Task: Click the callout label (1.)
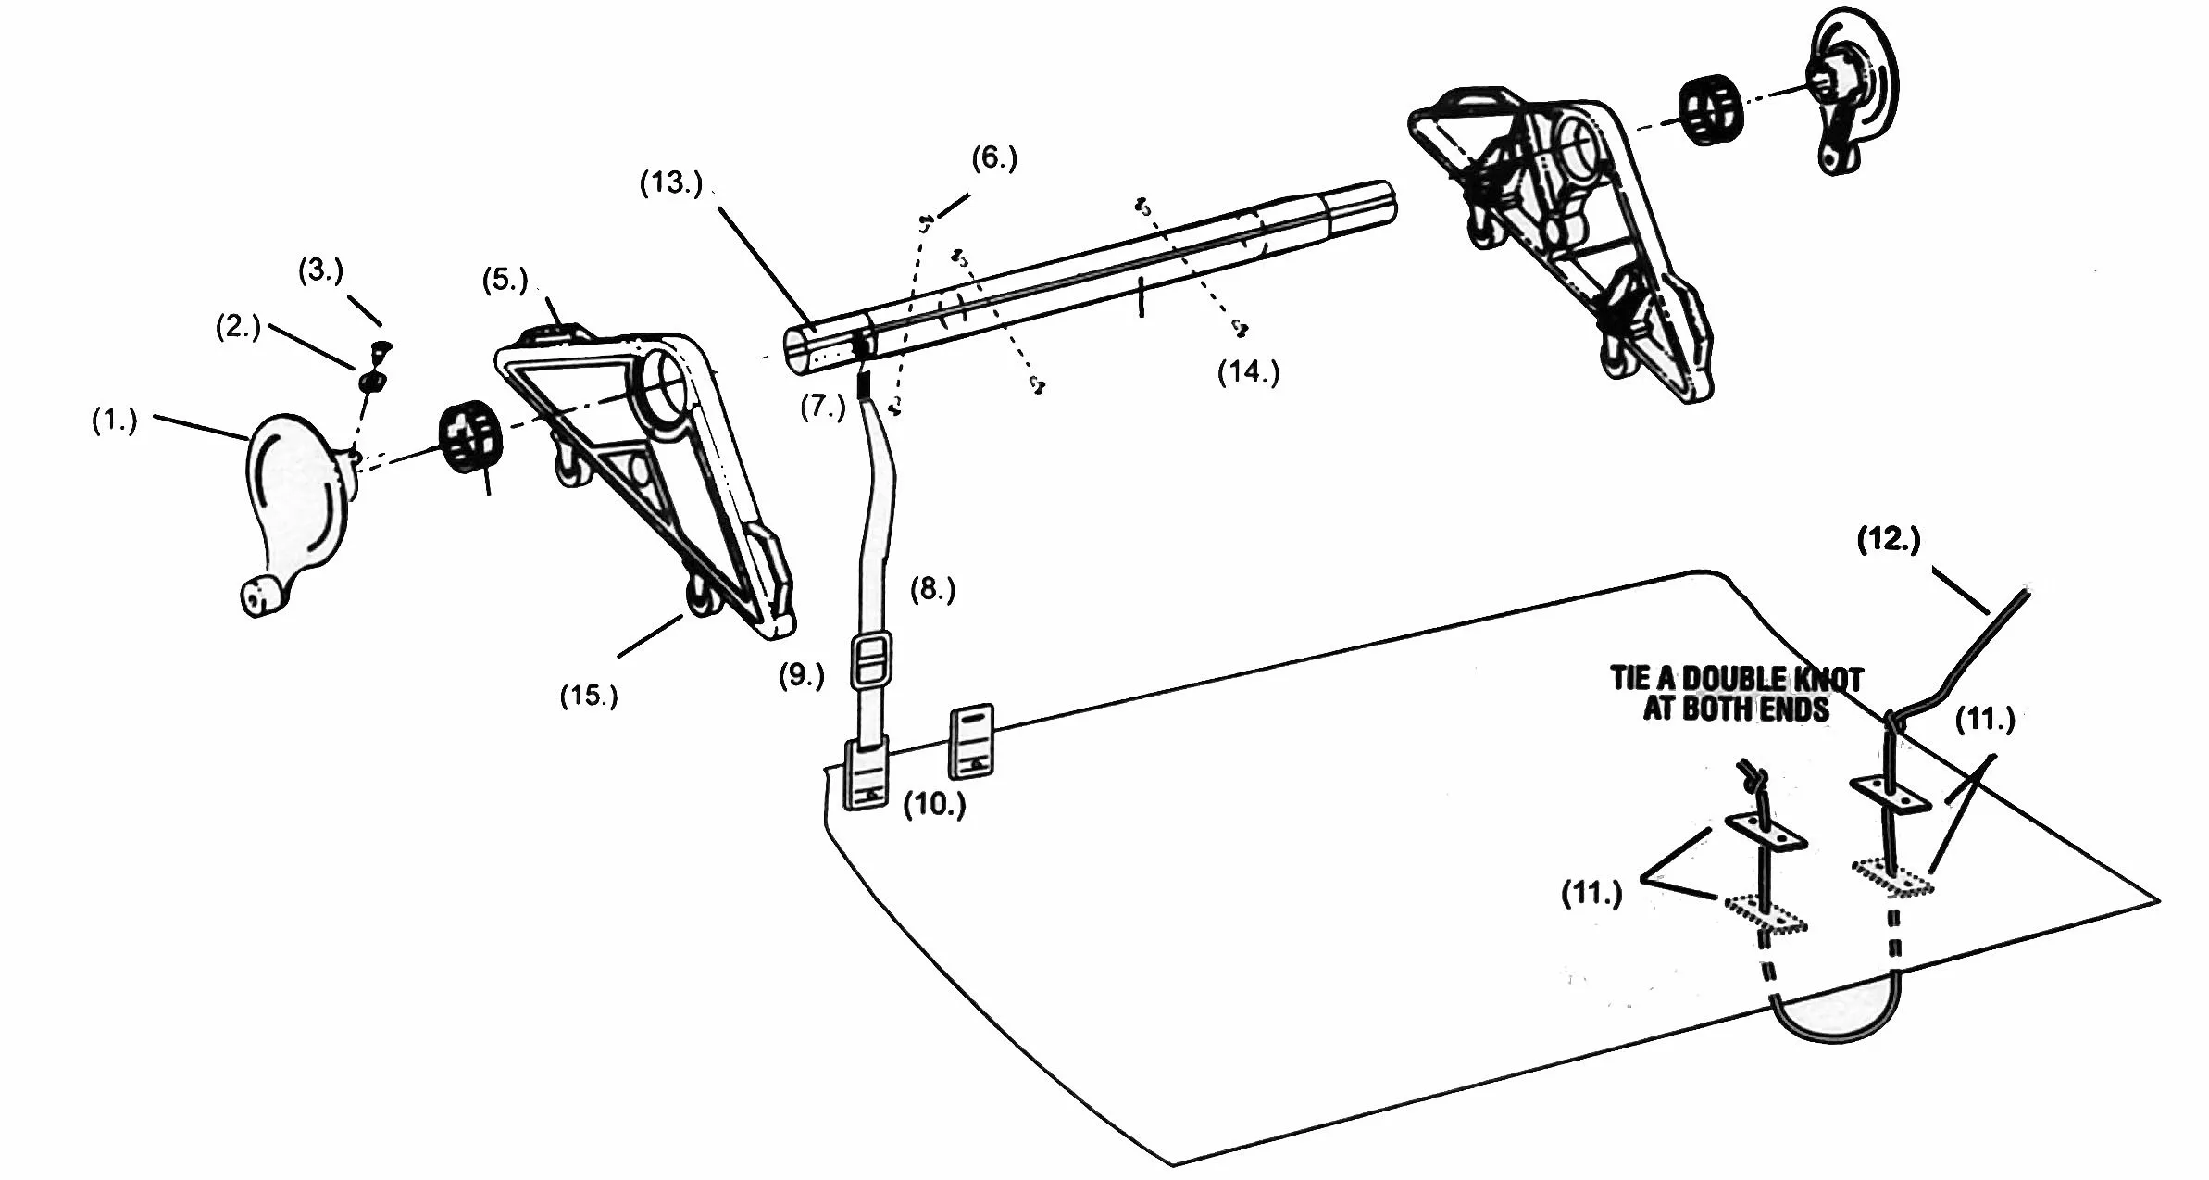pos(114,421)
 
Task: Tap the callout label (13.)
pos(671,182)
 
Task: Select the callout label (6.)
pos(994,158)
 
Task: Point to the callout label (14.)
pos(1248,371)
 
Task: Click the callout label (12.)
pos(1889,539)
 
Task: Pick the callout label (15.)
pos(589,696)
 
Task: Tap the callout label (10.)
pos(934,805)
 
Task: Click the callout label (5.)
pos(505,280)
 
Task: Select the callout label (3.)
pos(320,270)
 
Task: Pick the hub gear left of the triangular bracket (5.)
pos(468,437)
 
